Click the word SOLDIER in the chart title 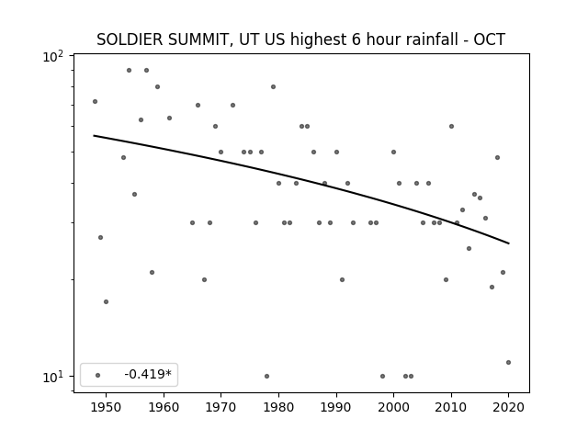[x=130, y=40]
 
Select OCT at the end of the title [x=490, y=40]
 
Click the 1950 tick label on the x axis [x=107, y=407]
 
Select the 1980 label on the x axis [x=278, y=407]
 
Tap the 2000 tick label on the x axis [x=394, y=407]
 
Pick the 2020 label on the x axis [x=508, y=407]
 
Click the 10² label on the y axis [x=53, y=57]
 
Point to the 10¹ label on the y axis [x=53, y=378]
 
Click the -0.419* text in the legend [x=148, y=374]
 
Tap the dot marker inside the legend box [x=98, y=375]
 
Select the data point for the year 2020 [x=508, y=362]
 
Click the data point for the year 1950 [x=107, y=302]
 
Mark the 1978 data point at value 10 [x=267, y=376]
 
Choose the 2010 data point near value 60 [x=451, y=127]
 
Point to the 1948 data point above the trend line [x=96, y=102]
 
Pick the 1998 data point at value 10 [x=382, y=376]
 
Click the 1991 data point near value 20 [x=342, y=279]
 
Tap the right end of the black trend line [x=509, y=243]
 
